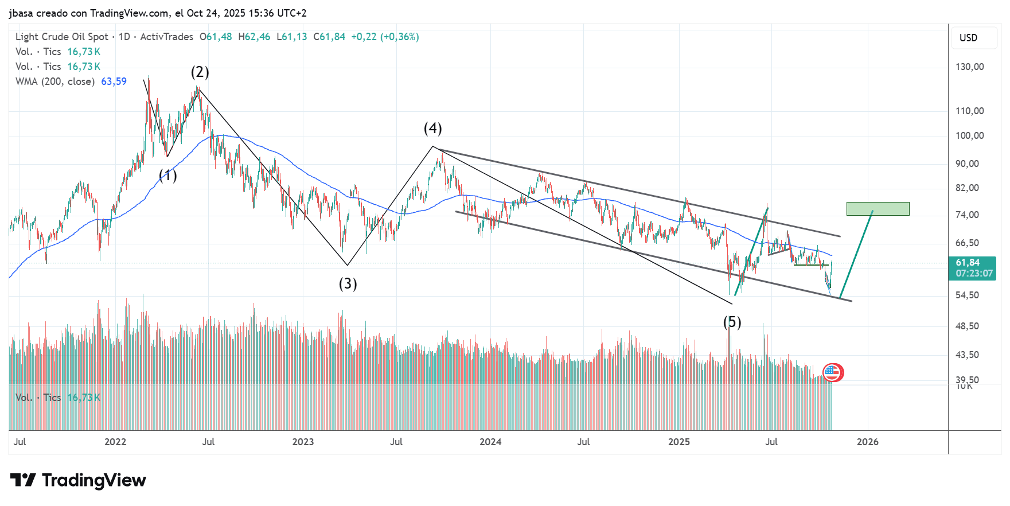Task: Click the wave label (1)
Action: point(167,176)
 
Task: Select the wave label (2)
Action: point(200,72)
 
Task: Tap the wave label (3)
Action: point(348,283)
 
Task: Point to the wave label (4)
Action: point(432,128)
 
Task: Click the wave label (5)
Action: point(732,322)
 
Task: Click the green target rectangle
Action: point(878,209)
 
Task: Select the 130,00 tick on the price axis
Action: point(969,67)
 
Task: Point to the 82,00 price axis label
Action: point(967,188)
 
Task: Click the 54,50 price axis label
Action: point(967,295)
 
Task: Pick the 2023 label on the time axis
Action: point(303,442)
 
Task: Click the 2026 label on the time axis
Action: point(867,442)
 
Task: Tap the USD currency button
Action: point(968,38)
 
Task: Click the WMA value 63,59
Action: point(114,81)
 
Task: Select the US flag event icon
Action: point(833,372)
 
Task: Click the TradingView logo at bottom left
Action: point(78,480)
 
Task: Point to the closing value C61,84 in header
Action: point(329,37)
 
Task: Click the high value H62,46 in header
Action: point(254,37)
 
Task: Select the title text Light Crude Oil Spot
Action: point(62,37)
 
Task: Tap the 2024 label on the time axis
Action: point(490,442)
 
